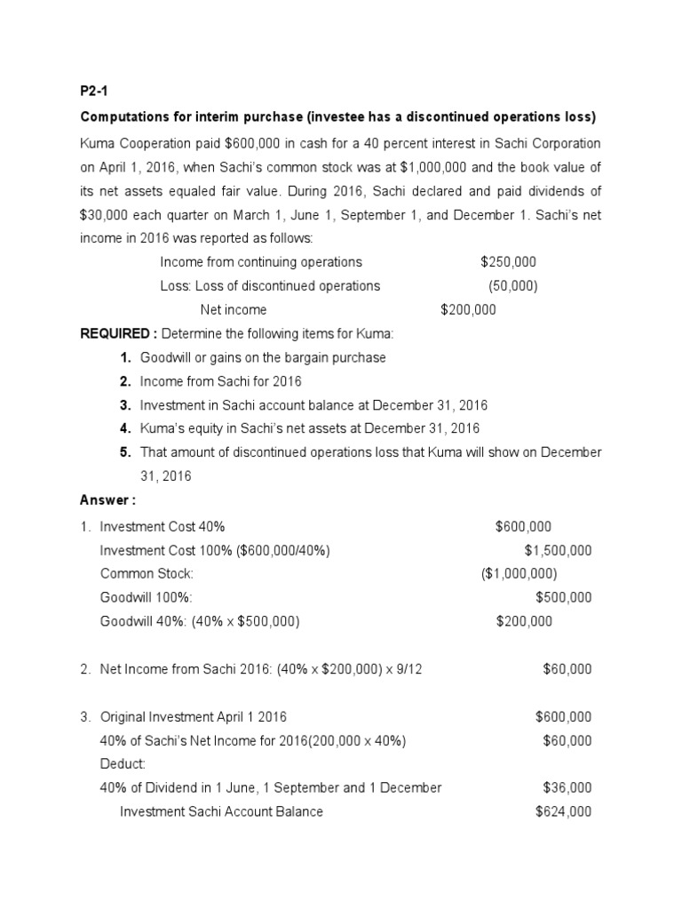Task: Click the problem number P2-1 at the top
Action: point(94,92)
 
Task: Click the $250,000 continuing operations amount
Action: point(508,261)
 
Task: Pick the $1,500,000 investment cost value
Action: point(558,550)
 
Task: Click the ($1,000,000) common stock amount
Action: point(519,574)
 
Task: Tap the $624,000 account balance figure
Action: point(564,811)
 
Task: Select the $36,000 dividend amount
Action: point(567,787)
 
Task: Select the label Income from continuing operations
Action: point(261,261)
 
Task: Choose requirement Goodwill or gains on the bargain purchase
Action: point(263,357)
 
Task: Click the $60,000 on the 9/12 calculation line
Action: point(567,669)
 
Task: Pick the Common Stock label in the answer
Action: point(147,574)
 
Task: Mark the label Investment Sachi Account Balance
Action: point(221,811)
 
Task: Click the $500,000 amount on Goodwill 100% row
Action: point(564,598)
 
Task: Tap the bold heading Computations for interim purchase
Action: point(218,117)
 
